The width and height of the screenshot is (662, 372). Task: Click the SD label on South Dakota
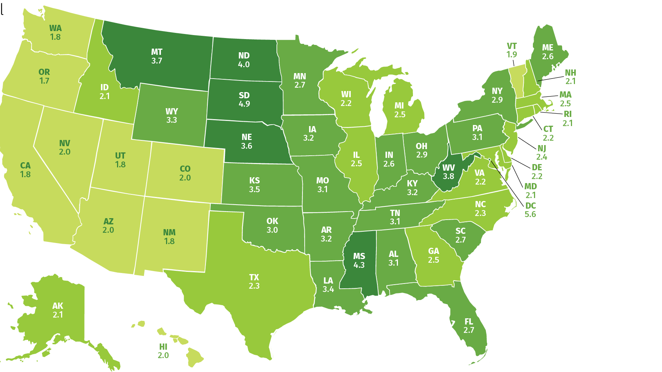[x=244, y=95]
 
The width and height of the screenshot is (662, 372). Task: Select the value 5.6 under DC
[x=530, y=214]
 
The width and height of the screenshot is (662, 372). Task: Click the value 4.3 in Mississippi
[x=359, y=265]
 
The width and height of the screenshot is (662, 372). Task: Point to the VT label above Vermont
[x=512, y=46]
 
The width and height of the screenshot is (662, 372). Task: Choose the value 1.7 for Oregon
[x=44, y=81]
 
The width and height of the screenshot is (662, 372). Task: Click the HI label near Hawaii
[x=163, y=346]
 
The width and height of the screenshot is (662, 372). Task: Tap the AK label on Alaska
[x=58, y=306]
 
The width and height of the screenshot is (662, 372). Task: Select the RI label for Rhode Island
[x=567, y=114]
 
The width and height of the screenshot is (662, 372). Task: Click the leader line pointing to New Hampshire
[x=550, y=78]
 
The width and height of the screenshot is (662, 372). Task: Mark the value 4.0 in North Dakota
[x=244, y=65]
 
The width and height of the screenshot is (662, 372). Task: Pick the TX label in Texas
[x=254, y=277]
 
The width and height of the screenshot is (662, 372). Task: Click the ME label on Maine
[x=548, y=48]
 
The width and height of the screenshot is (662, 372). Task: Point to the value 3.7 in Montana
[x=157, y=61]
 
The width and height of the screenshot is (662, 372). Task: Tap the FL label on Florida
[x=469, y=322]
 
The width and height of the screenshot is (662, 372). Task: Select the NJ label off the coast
[x=542, y=148]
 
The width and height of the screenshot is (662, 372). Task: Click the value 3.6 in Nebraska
[x=247, y=146]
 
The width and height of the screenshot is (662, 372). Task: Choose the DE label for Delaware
[x=537, y=167]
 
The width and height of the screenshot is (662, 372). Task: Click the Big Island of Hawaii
[x=194, y=357]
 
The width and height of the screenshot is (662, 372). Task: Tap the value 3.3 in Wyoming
[x=172, y=120]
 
